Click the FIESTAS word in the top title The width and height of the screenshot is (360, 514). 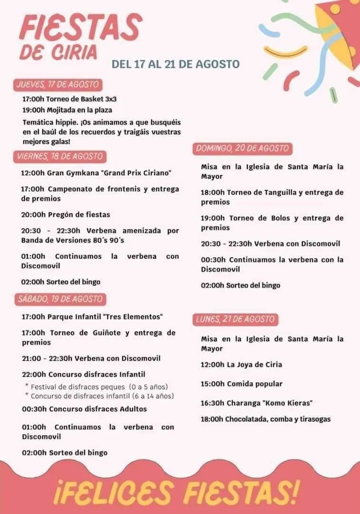(x=80, y=27)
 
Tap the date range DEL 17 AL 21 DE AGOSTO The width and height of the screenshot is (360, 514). (x=175, y=64)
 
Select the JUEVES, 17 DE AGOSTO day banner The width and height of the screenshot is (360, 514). (x=58, y=85)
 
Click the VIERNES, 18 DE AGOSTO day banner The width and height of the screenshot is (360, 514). (x=59, y=156)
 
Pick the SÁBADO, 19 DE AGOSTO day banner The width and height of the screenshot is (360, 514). (x=60, y=299)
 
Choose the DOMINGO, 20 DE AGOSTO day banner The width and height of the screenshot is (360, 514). (x=242, y=148)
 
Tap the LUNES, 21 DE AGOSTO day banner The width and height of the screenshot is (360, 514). (x=235, y=319)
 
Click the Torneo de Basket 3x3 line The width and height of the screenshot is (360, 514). (x=69, y=99)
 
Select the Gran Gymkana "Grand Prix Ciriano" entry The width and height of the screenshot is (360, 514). (x=96, y=173)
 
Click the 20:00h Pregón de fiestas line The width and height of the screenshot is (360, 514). (x=66, y=215)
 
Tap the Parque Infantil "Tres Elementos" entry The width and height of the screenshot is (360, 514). (x=92, y=316)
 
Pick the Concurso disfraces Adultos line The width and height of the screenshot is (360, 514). (x=84, y=409)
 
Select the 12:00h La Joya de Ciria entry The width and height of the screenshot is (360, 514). (x=241, y=365)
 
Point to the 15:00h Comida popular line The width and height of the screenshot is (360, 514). (x=242, y=384)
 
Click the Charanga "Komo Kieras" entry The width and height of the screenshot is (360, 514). (x=256, y=403)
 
